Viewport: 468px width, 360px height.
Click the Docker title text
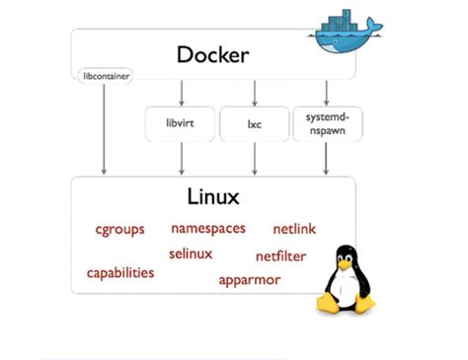211,54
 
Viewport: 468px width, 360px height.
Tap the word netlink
293,229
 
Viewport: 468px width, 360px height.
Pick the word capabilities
120,272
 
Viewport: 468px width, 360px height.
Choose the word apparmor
250,279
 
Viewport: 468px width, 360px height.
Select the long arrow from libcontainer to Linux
103,128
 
